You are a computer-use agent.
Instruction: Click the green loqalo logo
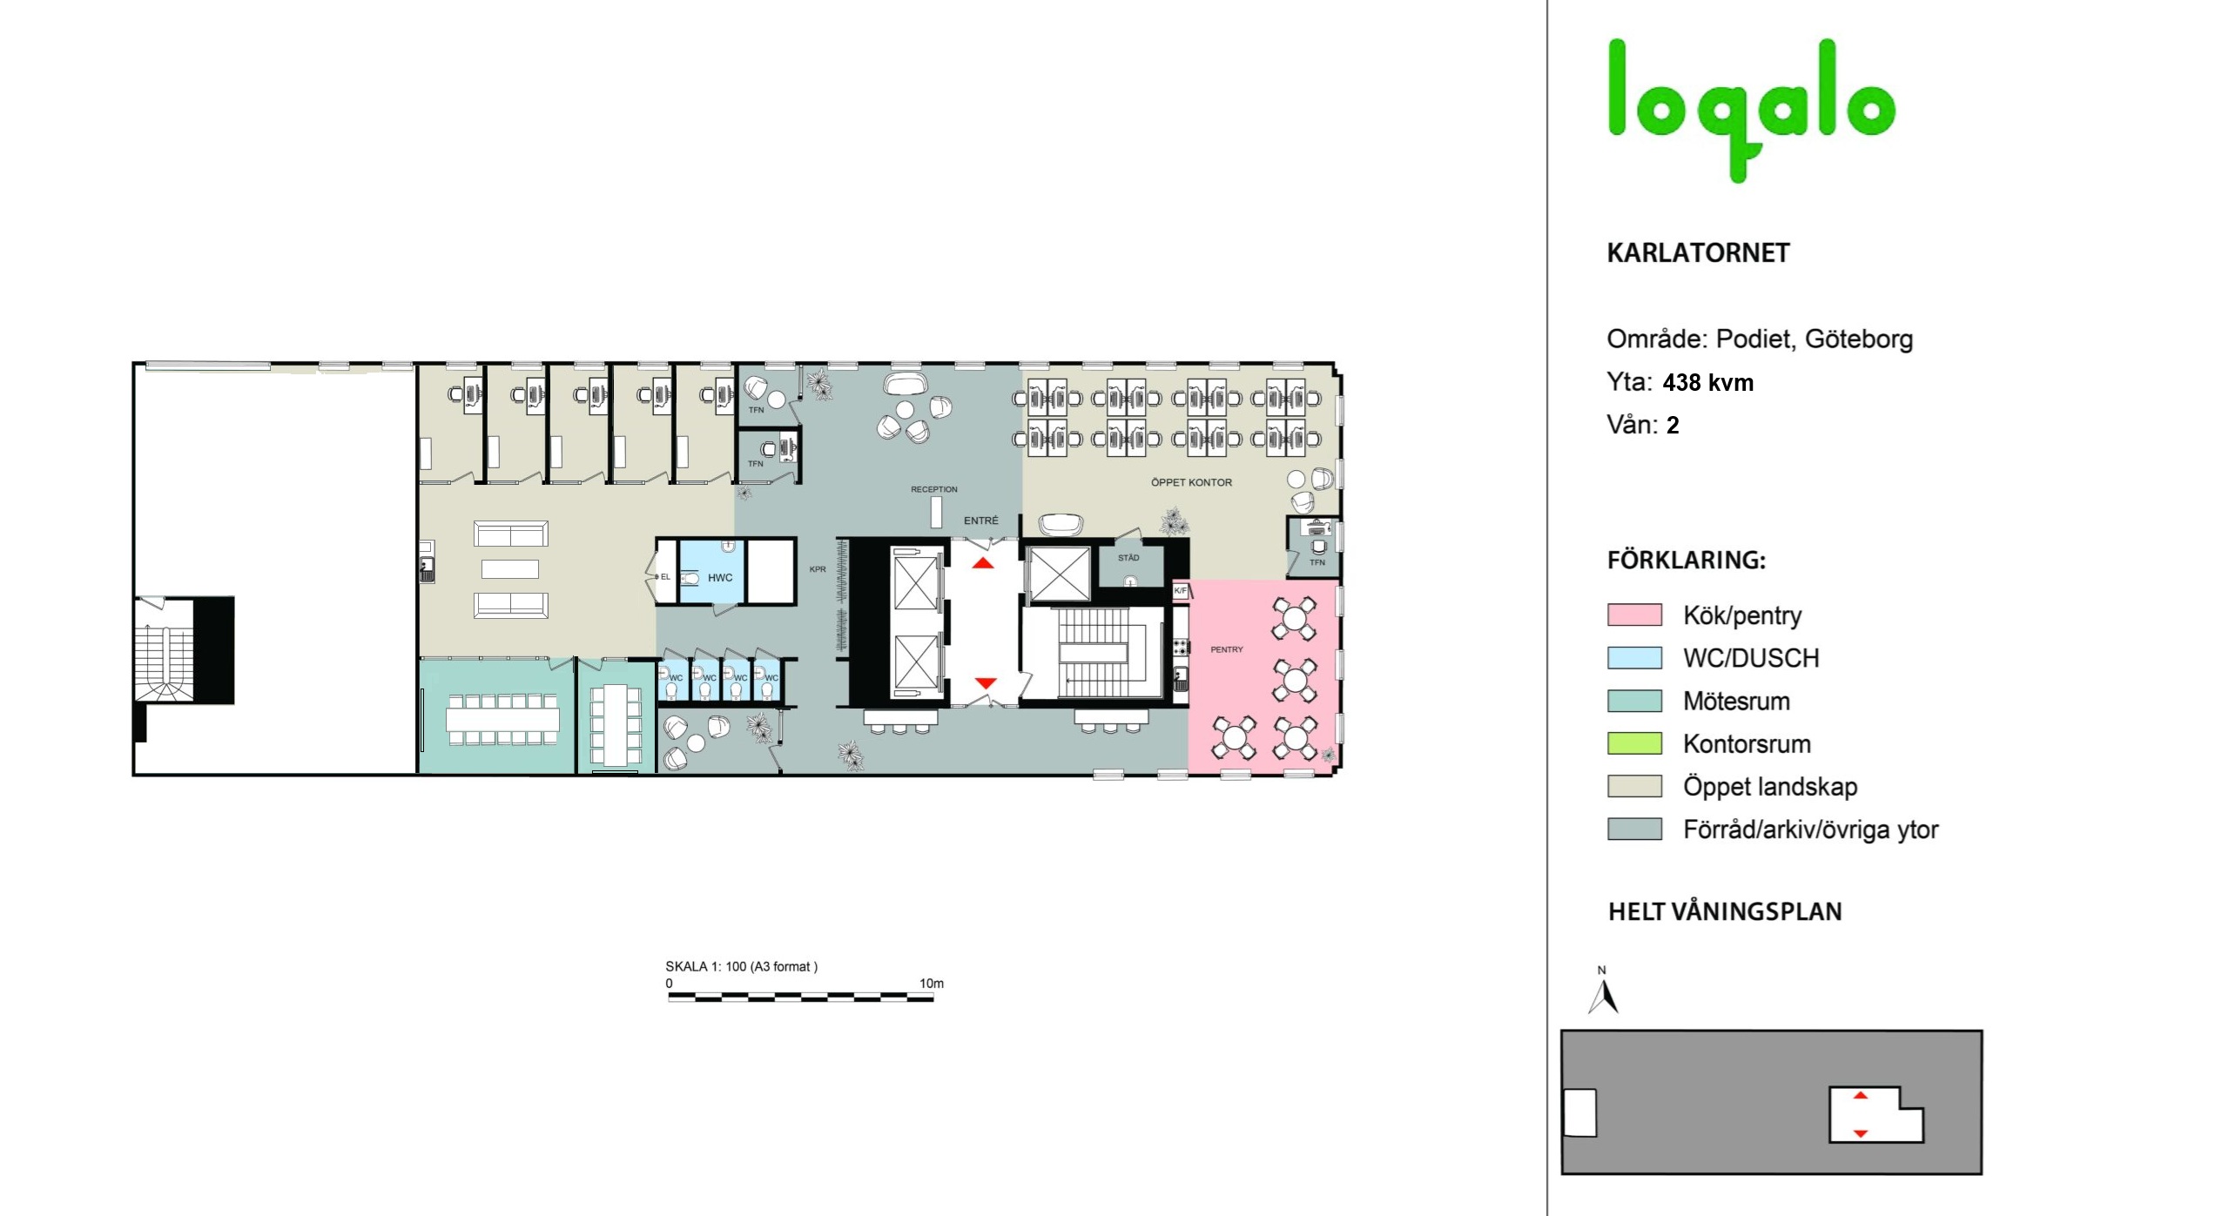(1750, 109)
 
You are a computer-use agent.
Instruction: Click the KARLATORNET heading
(1698, 253)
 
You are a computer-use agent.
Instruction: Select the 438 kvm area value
(1707, 383)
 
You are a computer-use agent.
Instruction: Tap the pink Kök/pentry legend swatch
(1634, 615)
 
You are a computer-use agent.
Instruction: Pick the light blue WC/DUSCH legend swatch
(1634, 658)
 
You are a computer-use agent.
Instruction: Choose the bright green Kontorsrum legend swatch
(1634, 743)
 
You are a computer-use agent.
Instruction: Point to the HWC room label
(720, 578)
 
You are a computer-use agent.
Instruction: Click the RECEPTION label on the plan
(934, 489)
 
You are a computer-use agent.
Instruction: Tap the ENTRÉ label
(981, 521)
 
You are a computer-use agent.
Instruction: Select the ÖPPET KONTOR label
(1191, 482)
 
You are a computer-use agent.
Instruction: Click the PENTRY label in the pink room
(1227, 649)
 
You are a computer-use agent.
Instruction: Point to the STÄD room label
(1128, 558)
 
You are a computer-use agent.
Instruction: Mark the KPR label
(818, 569)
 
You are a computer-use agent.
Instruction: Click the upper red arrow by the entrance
(983, 563)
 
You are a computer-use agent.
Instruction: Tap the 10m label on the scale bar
(931, 984)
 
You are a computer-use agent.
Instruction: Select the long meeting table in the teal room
(502, 720)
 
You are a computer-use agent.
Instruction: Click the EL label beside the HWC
(665, 577)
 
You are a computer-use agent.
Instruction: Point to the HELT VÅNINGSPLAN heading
(1725, 912)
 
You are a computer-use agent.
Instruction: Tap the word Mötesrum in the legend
(1736, 702)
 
